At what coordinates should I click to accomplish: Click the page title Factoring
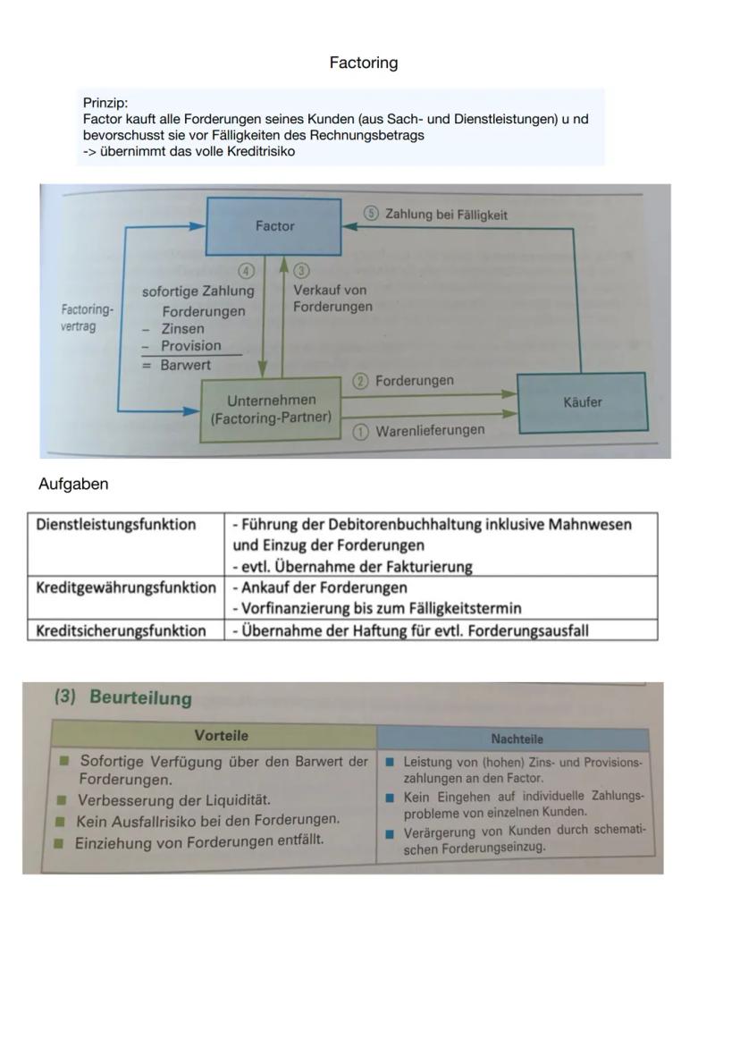click(x=363, y=63)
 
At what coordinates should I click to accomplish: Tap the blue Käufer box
click(x=583, y=402)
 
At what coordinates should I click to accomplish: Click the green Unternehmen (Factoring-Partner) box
click(x=271, y=410)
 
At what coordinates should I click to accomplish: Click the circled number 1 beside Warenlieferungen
click(x=361, y=432)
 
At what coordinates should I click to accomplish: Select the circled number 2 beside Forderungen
click(x=361, y=382)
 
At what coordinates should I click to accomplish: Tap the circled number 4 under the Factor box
click(x=245, y=270)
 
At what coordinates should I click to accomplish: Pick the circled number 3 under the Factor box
click(x=302, y=270)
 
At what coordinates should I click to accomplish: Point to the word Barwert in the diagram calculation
click(x=186, y=365)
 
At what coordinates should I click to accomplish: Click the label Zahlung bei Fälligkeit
click(x=446, y=215)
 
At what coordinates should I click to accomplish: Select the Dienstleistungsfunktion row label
click(x=116, y=525)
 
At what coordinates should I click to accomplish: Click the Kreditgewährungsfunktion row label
click(x=126, y=587)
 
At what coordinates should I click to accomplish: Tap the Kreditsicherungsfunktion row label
click(x=121, y=630)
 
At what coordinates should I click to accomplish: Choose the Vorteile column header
click(x=222, y=736)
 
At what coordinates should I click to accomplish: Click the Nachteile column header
click(x=517, y=739)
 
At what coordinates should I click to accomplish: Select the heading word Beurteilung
click(x=140, y=698)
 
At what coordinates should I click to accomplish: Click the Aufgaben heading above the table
click(x=73, y=484)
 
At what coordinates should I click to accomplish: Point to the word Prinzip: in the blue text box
click(x=105, y=103)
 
